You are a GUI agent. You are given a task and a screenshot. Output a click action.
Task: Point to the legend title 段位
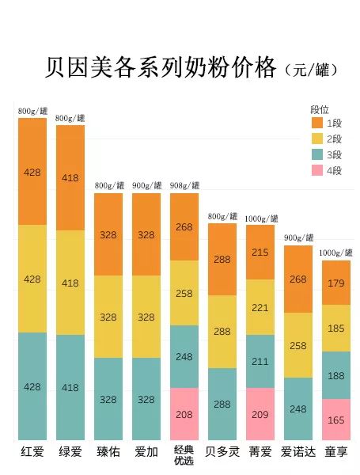(319, 109)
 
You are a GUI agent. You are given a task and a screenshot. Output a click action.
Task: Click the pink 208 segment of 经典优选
(184, 413)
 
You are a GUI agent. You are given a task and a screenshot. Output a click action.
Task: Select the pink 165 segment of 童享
(336, 420)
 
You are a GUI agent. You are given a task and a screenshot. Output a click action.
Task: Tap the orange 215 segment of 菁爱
(260, 252)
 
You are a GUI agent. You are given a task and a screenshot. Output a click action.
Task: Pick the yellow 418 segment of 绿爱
(70, 283)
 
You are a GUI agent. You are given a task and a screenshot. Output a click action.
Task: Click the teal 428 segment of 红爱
(32, 386)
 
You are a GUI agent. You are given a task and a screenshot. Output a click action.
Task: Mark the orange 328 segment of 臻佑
(108, 234)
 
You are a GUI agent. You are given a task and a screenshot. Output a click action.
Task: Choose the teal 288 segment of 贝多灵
(222, 404)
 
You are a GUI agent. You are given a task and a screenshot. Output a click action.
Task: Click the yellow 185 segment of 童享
(336, 328)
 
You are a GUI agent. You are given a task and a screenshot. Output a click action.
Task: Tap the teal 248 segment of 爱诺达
(298, 408)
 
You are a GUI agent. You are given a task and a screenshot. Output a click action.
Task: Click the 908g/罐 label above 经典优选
(184, 186)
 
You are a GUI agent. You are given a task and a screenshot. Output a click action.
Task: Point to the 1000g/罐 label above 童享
(336, 253)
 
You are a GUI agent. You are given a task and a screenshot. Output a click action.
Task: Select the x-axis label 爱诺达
(298, 452)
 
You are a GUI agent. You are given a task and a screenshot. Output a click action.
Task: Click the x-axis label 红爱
(32, 452)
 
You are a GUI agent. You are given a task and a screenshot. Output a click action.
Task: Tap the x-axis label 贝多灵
(222, 452)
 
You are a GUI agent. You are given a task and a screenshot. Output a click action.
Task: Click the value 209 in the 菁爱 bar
(260, 414)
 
